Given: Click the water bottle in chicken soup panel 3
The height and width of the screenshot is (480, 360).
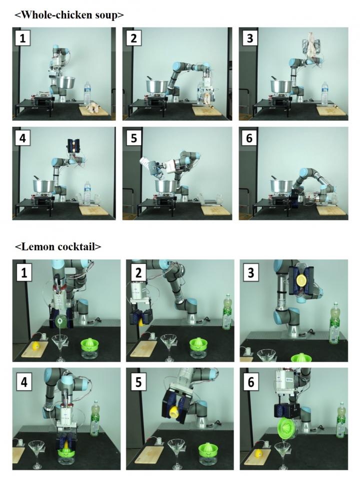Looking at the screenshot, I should pos(324,94).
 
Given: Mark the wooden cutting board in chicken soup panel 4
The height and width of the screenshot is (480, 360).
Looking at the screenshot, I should pos(93,208).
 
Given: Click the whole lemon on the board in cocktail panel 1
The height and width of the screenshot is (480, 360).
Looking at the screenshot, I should pos(36,345).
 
